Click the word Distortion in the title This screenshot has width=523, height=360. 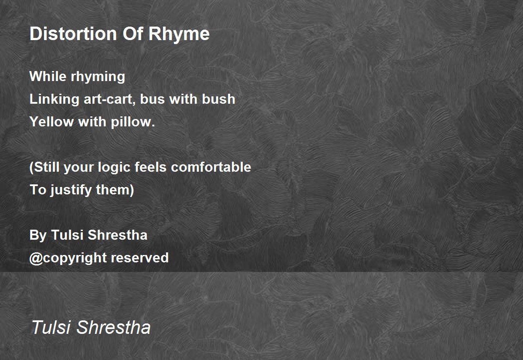[x=73, y=34]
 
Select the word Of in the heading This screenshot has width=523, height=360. [x=132, y=34]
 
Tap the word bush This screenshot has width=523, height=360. [x=218, y=99]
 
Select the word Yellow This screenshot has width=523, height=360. [x=51, y=122]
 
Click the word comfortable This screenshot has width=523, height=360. [x=211, y=167]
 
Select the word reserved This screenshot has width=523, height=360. [x=139, y=258]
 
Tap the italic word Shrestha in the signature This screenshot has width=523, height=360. [x=113, y=327]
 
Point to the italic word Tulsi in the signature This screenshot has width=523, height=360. [x=51, y=327]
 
